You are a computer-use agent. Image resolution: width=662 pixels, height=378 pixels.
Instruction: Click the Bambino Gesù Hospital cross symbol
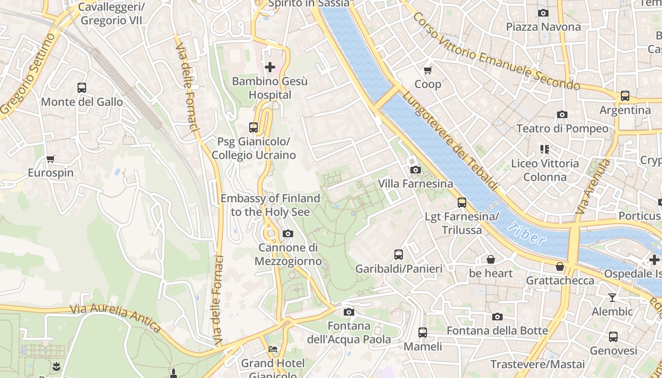pos(270,67)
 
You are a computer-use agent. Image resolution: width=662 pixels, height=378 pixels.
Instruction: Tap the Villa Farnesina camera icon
pos(415,170)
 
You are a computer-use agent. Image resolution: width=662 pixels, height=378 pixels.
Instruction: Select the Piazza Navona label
pos(543,27)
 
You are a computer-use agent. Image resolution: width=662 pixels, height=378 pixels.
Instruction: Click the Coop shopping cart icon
pos(428,70)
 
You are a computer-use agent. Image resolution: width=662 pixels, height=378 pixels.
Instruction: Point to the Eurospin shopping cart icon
pos(51,159)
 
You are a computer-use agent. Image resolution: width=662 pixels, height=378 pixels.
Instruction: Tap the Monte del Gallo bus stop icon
pos(82,88)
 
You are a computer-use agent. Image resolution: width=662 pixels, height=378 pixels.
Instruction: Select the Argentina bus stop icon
pos(625,96)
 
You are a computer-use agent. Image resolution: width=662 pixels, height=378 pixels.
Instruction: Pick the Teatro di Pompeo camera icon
pos(562,114)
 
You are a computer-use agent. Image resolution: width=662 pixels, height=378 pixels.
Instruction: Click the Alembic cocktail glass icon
pos(612,297)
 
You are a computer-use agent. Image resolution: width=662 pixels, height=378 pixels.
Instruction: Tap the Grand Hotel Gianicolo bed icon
pos(273,349)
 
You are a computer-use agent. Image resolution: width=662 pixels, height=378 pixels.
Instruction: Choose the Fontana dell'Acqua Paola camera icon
pos(349,312)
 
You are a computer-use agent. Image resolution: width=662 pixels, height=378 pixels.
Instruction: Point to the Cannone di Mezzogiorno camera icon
pos(287,233)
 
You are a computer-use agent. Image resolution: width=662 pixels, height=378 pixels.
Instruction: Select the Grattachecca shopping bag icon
pos(560,266)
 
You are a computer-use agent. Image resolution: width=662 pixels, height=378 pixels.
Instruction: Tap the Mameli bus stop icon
pos(423,333)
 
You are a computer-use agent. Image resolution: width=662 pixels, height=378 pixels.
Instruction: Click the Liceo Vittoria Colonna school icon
pos(545,149)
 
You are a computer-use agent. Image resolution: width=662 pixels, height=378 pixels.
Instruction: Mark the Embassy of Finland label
pos(270,205)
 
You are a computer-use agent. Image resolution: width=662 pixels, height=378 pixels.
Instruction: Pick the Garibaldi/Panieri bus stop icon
pos(399,255)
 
